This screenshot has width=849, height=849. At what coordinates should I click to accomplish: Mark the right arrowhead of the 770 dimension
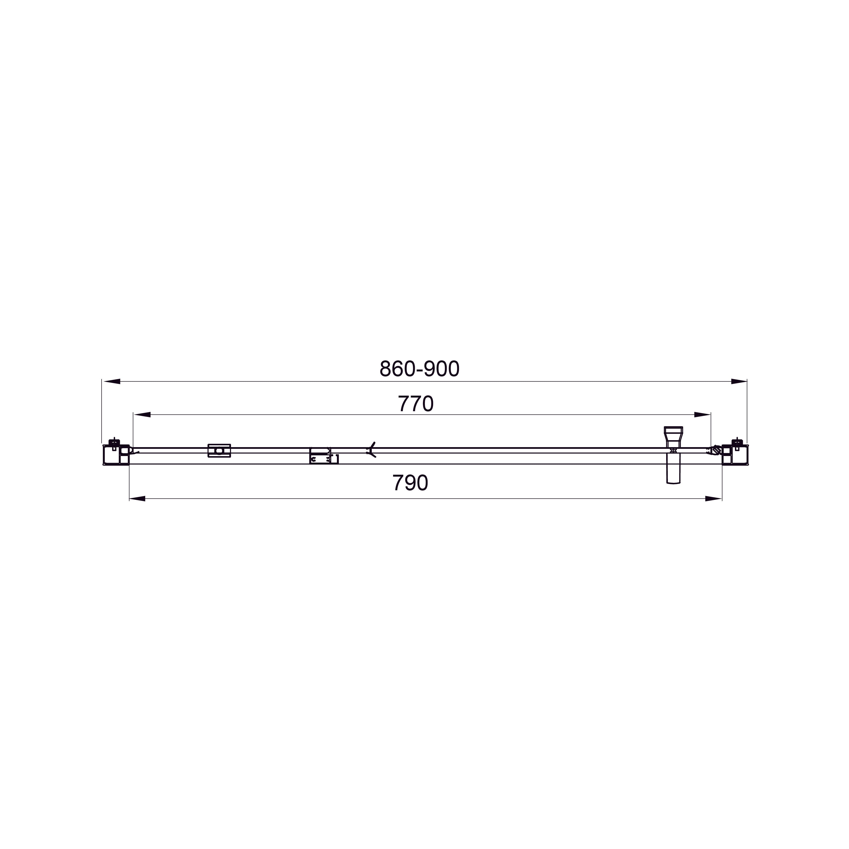[x=702, y=414]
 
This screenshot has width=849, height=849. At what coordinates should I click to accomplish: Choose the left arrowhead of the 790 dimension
[x=138, y=499]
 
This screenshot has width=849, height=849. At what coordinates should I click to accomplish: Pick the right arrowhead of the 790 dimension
[x=713, y=499]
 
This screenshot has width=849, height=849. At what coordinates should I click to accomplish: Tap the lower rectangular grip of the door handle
[x=673, y=469]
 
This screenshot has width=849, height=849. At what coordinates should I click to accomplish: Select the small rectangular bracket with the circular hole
[x=219, y=450]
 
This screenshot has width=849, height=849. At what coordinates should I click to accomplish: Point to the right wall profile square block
[x=739, y=455]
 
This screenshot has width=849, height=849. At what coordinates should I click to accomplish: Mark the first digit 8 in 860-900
[x=385, y=369]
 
